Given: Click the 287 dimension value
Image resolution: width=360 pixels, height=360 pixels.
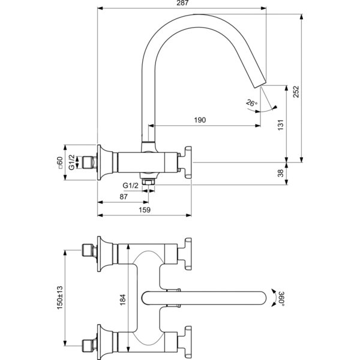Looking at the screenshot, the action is tap(183, 3).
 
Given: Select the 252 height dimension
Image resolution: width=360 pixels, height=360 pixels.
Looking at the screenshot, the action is tap(296, 92).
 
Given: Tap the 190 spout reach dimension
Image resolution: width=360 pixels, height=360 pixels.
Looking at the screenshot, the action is tap(200, 120).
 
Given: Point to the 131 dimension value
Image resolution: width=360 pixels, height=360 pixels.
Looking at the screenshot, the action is tap(281, 125).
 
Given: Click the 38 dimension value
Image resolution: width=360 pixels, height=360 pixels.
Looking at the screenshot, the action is tap(281, 173).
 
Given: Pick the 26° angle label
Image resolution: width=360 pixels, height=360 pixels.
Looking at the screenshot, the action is tap(251, 103).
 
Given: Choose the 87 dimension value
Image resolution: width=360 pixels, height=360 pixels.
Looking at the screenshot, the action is tap(124, 197).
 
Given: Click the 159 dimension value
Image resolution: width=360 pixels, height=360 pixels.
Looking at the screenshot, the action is tap(145, 210).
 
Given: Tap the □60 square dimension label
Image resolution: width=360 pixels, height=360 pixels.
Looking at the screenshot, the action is tap(59, 163).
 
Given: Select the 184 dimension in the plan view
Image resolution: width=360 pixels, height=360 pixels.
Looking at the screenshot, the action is tap(123, 299).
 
